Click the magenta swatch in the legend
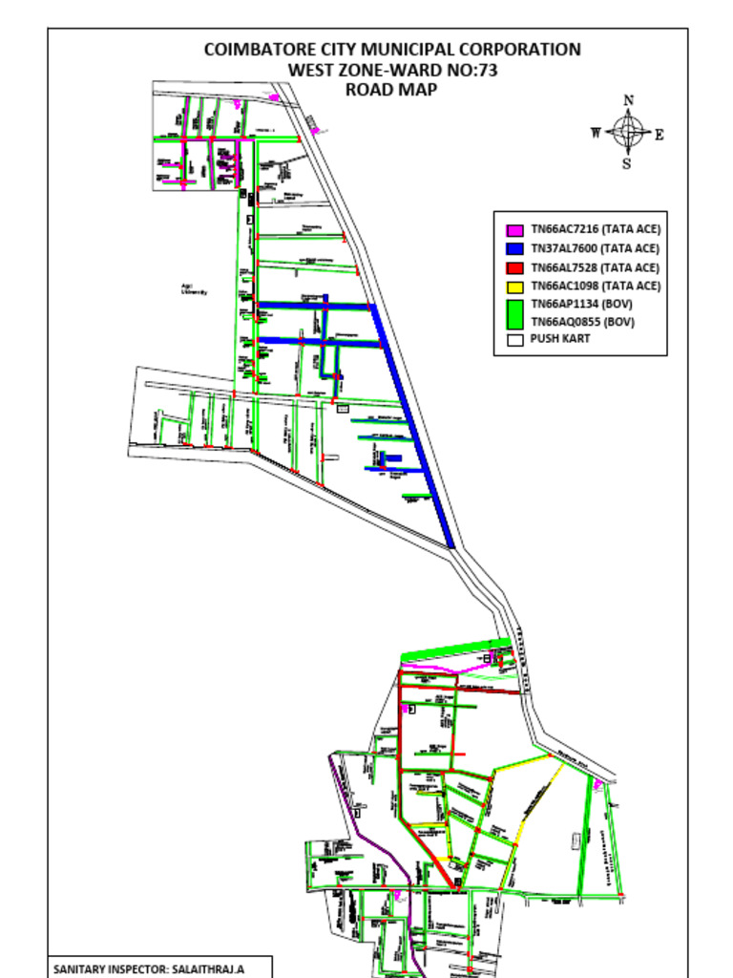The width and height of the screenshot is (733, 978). pos(514,230)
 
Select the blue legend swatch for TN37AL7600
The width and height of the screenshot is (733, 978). pos(514,248)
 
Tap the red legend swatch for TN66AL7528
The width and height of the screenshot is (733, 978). pos(514,267)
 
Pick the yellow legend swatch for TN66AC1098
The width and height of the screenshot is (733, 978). pos(514,286)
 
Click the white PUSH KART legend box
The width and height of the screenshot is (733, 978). pos(514,339)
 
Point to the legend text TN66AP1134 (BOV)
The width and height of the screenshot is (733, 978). pos(582,304)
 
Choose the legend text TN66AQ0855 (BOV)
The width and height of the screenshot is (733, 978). pos(582,322)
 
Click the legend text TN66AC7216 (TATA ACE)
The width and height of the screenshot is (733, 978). pos(596,230)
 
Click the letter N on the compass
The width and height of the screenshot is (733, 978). pos(628,100)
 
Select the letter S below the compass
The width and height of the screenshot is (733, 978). pos(627,163)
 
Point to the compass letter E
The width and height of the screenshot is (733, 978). pos(659,135)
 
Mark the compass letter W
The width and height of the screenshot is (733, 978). pos(597,133)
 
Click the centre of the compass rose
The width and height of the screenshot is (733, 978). pos(628,132)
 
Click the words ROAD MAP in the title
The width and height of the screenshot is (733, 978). pos(392,90)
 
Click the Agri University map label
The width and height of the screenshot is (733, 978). pos(195,288)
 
